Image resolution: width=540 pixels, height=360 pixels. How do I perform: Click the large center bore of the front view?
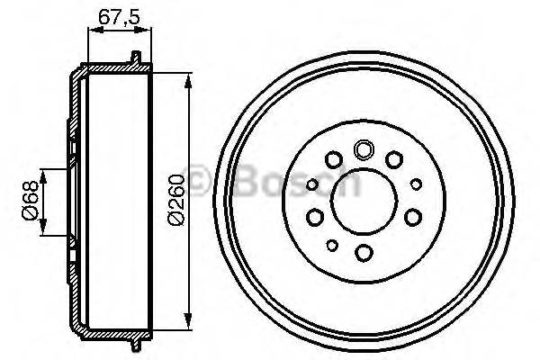click(364, 202)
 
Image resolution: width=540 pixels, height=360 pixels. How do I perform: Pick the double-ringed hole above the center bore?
click(364, 150)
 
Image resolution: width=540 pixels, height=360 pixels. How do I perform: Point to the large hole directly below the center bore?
click(364, 253)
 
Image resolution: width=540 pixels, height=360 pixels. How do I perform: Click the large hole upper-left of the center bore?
click(334, 161)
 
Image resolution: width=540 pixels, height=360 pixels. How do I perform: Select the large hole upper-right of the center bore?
click(394, 160)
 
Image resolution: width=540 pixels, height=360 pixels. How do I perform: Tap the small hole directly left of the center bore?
click(311, 185)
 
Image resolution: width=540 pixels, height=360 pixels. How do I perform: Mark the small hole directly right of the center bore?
click(416, 184)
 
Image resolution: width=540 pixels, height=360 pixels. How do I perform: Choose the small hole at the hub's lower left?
click(332, 245)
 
